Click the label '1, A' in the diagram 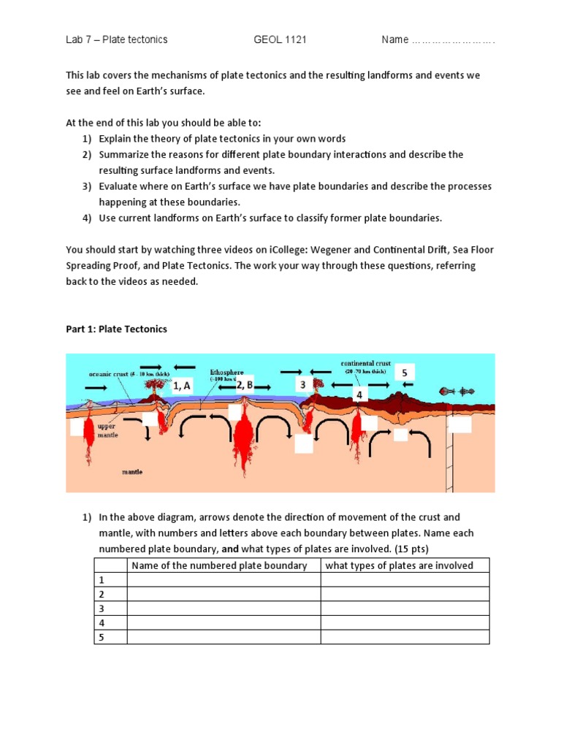pos(182,386)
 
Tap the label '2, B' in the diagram pos(244,384)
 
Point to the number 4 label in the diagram pos(359,394)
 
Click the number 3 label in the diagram pos(302,384)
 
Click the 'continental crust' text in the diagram pos(365,363)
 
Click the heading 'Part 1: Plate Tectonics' pos(117,329)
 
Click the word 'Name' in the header pos(395,39)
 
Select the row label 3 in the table pos(102,608)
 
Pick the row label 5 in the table pos(102,637)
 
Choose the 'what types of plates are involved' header pos(399,565)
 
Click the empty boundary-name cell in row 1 pos(224,580)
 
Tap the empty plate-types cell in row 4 pos(405,623)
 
